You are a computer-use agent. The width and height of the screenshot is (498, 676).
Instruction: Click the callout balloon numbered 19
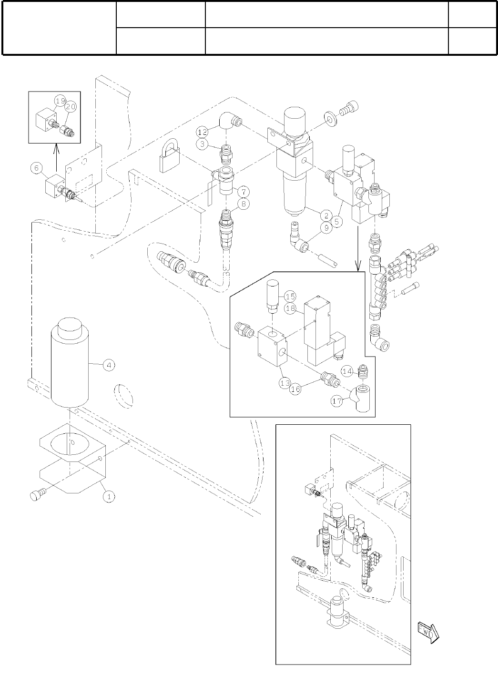tap(60, 101)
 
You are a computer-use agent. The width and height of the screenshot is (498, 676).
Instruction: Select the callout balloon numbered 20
tap(71, 107)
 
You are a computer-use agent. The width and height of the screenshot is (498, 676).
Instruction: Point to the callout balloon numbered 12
tap(203, 131)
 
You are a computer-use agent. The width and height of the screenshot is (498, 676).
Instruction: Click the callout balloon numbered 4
tap(109, 365)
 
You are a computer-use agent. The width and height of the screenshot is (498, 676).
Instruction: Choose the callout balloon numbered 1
tap(109, 496)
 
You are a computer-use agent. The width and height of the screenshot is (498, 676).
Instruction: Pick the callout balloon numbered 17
tap(337, 401)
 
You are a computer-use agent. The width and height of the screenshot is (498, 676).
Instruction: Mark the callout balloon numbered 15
tap(290, 296)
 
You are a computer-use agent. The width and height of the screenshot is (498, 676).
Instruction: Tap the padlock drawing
tap(169, 157)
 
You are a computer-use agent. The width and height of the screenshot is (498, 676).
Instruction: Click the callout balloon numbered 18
tap(290, 308)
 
